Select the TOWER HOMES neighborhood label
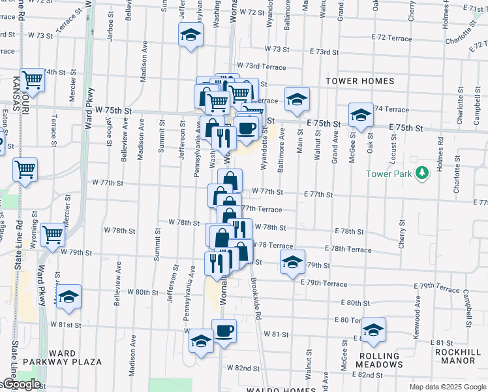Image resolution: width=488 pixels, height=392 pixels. pos(361,81)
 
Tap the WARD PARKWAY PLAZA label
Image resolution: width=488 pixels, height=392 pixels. pos(63,361)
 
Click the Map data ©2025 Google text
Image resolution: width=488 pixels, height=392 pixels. pos(448,387)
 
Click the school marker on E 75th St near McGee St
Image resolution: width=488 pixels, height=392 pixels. pos(360,115)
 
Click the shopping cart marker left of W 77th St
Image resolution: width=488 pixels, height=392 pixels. pos(25,170)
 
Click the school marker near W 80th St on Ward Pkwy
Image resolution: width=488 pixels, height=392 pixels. pos(69,297)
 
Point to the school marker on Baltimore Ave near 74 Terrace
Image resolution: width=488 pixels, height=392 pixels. pos(297,99)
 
